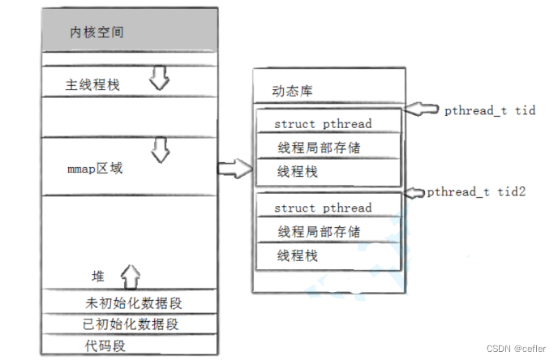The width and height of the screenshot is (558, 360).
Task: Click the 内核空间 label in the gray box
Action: click(x=97, y=32)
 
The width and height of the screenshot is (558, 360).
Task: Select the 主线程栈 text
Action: click(x=92, y=84)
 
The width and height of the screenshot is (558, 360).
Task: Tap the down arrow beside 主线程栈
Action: click(x=158, y=79)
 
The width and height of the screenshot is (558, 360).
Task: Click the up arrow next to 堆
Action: click(x=130, y=276)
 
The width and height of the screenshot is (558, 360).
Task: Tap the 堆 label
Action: click(x=97, y=276)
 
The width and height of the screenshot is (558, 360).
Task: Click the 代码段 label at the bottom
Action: click(x=103, y=345)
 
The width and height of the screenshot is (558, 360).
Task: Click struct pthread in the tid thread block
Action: click(x=323, y=123)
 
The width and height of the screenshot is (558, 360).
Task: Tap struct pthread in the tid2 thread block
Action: click(x=323, y=208)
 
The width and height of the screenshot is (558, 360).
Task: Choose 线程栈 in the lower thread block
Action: click(x=298, y=255)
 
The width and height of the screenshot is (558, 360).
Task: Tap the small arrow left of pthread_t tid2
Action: click(x=414, y=192)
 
